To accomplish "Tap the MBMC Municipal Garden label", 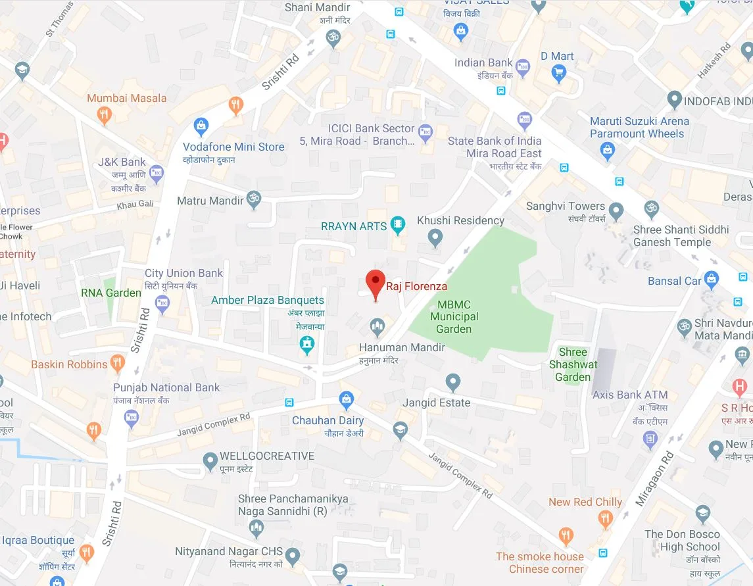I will coord(454,316).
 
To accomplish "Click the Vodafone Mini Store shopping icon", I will coord(201,126).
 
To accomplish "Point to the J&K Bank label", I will coord(122,162).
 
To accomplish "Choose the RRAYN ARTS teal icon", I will coord(398,225).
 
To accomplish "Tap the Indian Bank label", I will coord(483,63).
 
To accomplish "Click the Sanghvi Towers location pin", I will coord(616,211).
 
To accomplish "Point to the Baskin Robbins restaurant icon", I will coord(118,362).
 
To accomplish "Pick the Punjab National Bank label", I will coord(166,387).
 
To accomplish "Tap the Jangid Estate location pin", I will coord(452,382).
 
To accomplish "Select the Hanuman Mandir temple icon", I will coord(377,326).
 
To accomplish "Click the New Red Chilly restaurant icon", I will coord(606,520).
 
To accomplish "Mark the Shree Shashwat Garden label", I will coord(573,364).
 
